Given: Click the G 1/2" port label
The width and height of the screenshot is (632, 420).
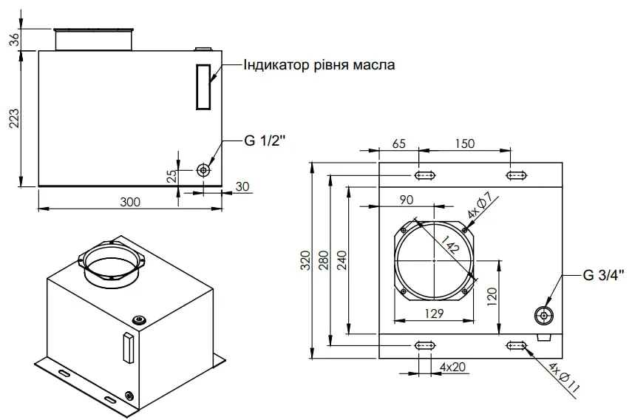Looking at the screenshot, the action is (265, 140).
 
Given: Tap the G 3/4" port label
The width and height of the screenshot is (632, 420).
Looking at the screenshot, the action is (603, 275).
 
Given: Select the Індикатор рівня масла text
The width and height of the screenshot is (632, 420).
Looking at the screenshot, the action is (319, 65).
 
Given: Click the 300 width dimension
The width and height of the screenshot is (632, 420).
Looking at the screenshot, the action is (130, 202).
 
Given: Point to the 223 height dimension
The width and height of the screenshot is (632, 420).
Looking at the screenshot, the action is (14, 118).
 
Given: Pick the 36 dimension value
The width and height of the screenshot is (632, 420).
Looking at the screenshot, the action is (14, 39).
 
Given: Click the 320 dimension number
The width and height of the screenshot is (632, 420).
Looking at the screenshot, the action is (305, 260).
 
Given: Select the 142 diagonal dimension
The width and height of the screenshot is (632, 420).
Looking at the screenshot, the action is (450, 244).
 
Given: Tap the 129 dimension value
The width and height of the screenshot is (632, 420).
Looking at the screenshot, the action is (434, 314).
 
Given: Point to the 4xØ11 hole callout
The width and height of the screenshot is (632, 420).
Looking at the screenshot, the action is (564, 378).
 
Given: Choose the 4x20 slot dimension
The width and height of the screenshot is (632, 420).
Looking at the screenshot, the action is (452, 367).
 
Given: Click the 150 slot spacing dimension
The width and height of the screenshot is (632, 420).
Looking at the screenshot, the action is (465, 143).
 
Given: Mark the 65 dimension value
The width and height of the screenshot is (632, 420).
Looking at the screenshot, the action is (399, 143).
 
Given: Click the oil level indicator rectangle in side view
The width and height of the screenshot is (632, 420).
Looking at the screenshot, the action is (203, 87).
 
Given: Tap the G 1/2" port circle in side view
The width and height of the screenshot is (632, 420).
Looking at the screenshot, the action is (203, 170).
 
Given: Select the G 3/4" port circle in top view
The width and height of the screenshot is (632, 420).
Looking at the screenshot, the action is (544, 316).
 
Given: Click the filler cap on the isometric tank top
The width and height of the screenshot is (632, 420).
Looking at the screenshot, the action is (140, 320).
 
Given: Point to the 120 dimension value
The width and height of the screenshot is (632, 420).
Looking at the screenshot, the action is (492, 297).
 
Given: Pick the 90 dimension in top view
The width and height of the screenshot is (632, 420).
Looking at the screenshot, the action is (407, 200).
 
